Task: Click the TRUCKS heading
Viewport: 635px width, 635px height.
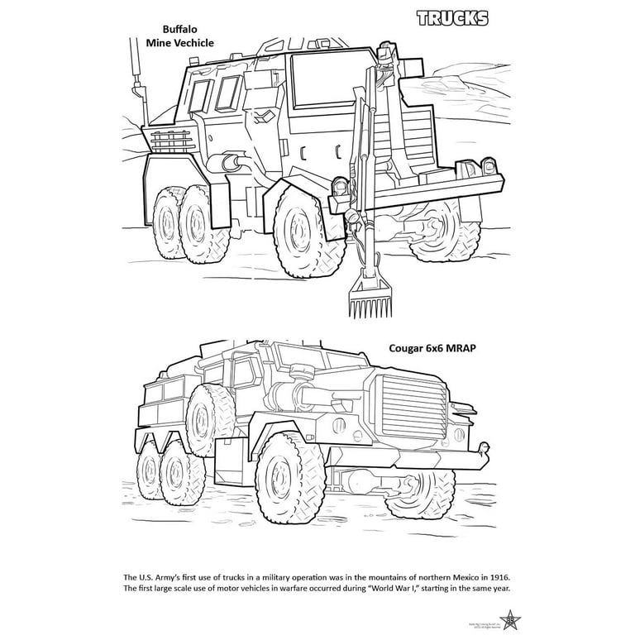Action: pyautogui.click(x=451, y=18)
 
